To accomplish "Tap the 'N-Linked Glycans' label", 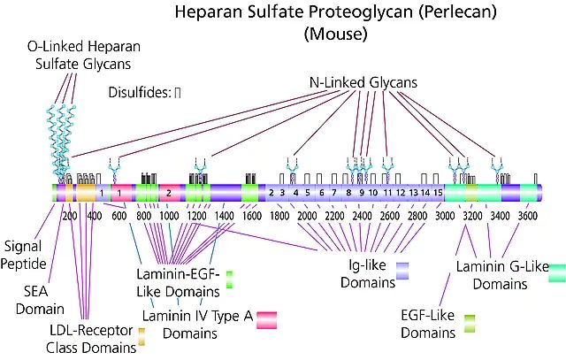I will click(x=363, y=84).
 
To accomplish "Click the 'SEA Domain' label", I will click(x=43, y=299).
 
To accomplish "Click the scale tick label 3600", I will click(x=528, y=215).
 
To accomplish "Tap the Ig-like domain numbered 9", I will click(x=361, y=192).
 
